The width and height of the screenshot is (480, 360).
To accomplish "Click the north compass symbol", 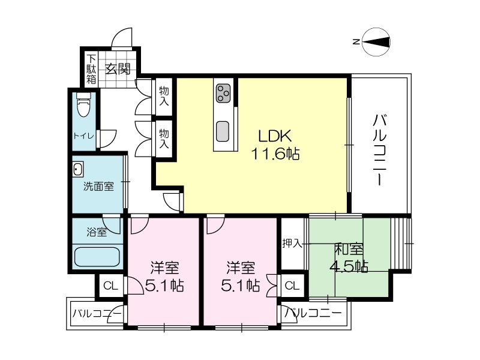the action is point(376,42).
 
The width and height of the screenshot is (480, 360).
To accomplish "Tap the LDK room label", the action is point(275,136).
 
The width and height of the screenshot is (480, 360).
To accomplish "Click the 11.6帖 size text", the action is point(275,154).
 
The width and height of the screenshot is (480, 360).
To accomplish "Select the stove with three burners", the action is point(223,94).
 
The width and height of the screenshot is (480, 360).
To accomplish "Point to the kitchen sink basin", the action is point(223,131).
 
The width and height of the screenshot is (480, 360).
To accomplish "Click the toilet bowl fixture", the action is point(84,105).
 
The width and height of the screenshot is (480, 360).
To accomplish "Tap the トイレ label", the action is point(83,136).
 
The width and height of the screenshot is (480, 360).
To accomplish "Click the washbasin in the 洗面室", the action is point(78,169).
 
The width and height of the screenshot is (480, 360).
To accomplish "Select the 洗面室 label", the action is point(98,187).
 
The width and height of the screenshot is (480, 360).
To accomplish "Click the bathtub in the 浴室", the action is point(97,257).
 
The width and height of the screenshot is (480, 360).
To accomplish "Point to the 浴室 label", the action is point(97,232).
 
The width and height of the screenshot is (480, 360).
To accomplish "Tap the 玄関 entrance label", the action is point(118,69).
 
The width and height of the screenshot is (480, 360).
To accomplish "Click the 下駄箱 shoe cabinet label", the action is point(91,69).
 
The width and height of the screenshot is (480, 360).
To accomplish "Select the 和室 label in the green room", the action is point(349,250).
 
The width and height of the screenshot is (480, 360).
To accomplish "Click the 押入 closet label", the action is point(292,244).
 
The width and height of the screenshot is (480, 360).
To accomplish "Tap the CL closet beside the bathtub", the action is point(110,286).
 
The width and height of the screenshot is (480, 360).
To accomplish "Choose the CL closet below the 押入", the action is point(292,286).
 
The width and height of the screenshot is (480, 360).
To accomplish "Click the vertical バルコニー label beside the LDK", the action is point(379,149).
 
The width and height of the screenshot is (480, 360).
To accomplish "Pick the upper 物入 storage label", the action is point(164,96).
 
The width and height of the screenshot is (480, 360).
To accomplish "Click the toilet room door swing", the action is point(108,139).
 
